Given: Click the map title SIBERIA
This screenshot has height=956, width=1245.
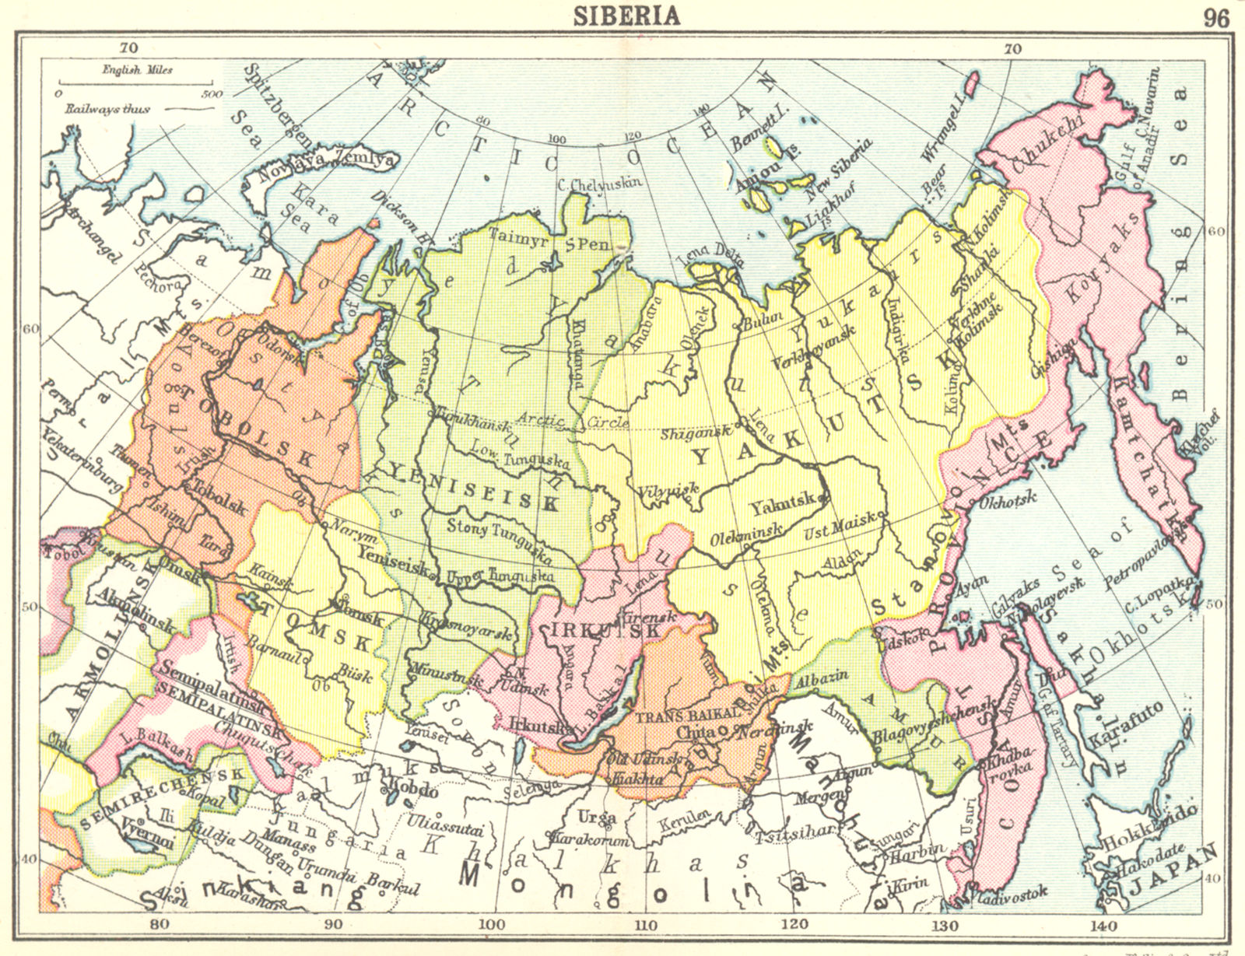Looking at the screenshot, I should point(626,16).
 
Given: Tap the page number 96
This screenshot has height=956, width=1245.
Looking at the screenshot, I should point(1216,17).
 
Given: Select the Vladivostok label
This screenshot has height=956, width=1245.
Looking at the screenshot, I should point(1011,894).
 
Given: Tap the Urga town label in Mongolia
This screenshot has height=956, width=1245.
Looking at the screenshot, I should point(597,817).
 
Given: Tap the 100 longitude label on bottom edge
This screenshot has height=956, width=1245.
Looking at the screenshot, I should point(490,924).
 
